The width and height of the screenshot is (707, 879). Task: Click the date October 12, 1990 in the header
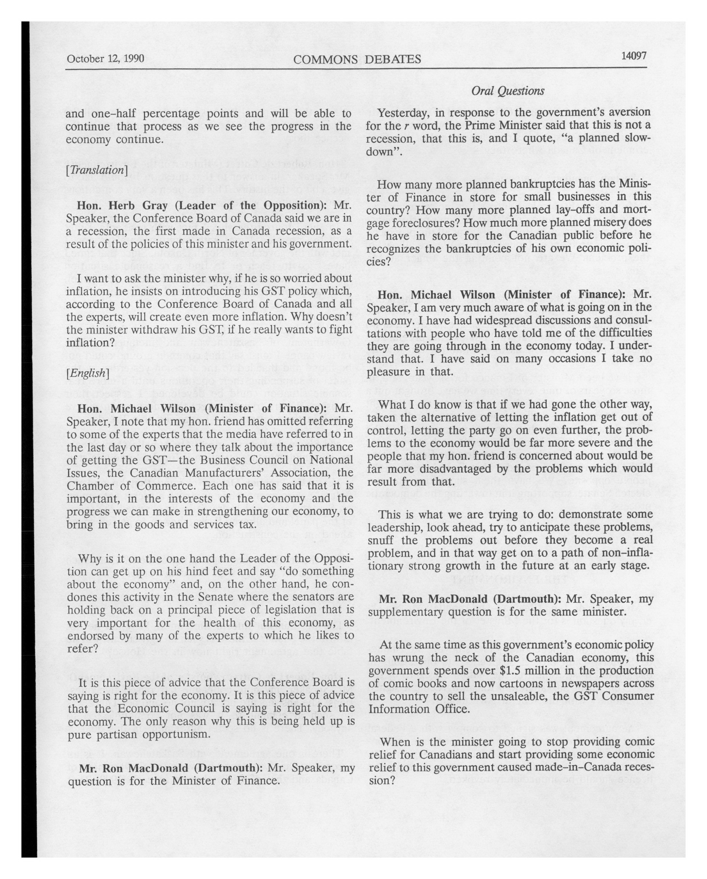click(x=105, y=59)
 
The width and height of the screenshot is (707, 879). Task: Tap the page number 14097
click(x=634, y=56)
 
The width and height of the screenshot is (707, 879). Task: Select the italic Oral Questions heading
click(x=507, y=91)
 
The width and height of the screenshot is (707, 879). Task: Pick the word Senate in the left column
click(x=216, y=597)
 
